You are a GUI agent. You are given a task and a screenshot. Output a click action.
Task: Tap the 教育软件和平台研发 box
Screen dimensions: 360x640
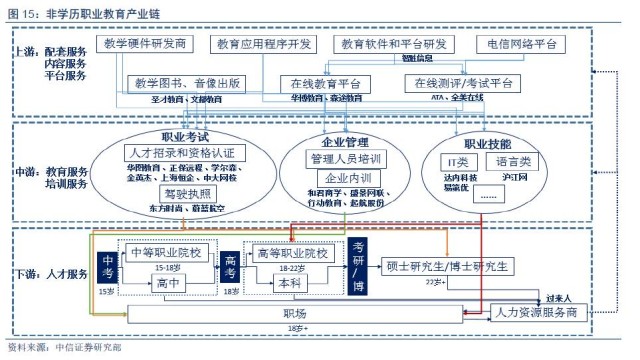click(391, 44)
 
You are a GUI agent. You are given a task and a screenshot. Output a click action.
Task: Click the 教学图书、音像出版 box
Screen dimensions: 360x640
click(187, 82)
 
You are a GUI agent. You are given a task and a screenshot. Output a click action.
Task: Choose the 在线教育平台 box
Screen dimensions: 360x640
click(326, 83)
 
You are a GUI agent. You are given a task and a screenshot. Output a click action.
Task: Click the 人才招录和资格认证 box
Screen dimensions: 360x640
click(181, 153)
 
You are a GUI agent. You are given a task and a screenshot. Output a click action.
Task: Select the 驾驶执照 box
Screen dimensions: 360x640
click(181, 193)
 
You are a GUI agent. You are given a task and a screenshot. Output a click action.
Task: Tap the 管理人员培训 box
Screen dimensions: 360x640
click(344, 158)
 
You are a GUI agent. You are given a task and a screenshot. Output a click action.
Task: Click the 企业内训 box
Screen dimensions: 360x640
click(344, 176)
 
